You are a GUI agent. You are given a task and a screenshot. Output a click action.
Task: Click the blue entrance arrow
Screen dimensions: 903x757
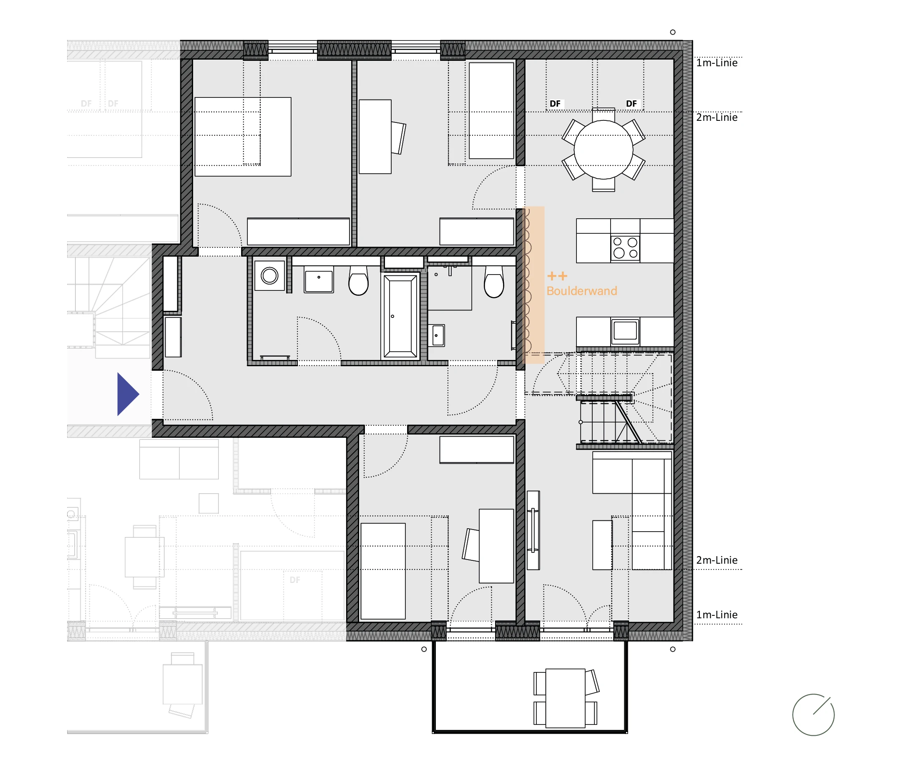point(127,394)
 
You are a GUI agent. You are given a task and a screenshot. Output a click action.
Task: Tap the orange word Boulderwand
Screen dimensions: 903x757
point(581,291)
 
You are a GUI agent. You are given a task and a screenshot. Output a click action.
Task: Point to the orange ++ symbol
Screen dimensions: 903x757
point(557,276)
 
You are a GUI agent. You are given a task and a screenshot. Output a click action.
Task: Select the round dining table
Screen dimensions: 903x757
point(603,150)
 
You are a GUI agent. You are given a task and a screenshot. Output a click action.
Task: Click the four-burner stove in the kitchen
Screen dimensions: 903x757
point(625,248)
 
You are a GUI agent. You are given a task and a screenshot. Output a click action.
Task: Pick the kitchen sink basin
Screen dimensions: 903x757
point(625,331)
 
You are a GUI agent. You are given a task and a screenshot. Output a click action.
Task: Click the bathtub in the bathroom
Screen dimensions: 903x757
point(400,316)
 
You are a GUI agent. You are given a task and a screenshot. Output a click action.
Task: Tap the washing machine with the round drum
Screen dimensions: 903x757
point(269,275)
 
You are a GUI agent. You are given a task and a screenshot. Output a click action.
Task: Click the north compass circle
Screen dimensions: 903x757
point(813,715)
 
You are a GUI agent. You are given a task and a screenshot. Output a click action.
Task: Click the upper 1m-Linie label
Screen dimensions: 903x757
point(717,63)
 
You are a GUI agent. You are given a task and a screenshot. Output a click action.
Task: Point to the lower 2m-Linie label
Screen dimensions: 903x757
point(717,560)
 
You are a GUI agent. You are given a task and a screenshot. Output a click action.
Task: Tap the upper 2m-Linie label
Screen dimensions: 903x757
point(717,117)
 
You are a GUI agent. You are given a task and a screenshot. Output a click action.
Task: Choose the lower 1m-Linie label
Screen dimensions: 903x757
point(717,615)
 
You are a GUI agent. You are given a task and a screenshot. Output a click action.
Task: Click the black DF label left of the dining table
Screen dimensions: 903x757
point(555,104)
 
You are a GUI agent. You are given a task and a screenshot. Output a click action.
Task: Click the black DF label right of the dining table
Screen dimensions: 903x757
point(631,104)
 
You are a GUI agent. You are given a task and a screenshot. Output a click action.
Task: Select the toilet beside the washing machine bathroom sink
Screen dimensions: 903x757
point(358,280)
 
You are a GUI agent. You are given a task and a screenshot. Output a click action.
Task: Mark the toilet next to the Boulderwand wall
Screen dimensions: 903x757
point(494,281)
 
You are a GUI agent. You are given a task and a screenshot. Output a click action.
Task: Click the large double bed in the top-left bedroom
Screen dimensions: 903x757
point(243,137)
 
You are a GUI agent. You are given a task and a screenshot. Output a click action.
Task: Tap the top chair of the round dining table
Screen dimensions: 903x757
point(603,114)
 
